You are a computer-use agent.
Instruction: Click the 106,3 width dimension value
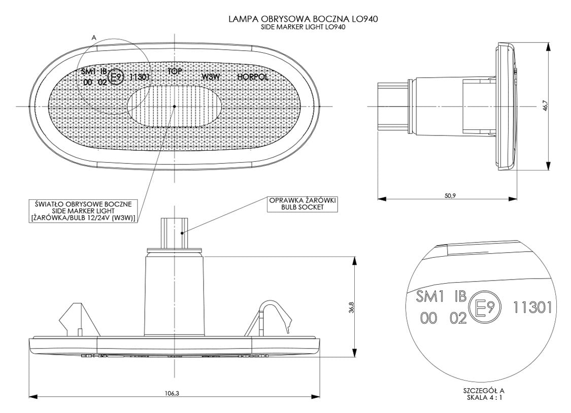(x=172, y=393)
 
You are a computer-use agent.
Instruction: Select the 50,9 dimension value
(x=447, y=195)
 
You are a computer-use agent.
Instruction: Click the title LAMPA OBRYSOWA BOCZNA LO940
(x=304, y=19)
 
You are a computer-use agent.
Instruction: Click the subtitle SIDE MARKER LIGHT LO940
(x=304, y=27)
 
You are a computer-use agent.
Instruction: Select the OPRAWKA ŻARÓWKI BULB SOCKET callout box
(x=303, y=203)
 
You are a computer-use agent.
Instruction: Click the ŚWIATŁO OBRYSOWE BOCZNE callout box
(x=84, y=211)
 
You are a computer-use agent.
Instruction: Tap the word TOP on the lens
(x=175, y=72)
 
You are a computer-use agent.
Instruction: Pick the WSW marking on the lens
(x=211, y=77)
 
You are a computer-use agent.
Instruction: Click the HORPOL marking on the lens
(x=252, y=77)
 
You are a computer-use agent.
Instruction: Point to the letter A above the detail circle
(x=94, y=38)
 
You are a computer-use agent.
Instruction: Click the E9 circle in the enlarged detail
(x=484, y=307)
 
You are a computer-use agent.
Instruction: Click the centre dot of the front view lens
(x=174, y=107)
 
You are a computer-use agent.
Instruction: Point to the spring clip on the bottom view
(x=275, y=315)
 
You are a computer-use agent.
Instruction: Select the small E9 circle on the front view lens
(x=117, y=77)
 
